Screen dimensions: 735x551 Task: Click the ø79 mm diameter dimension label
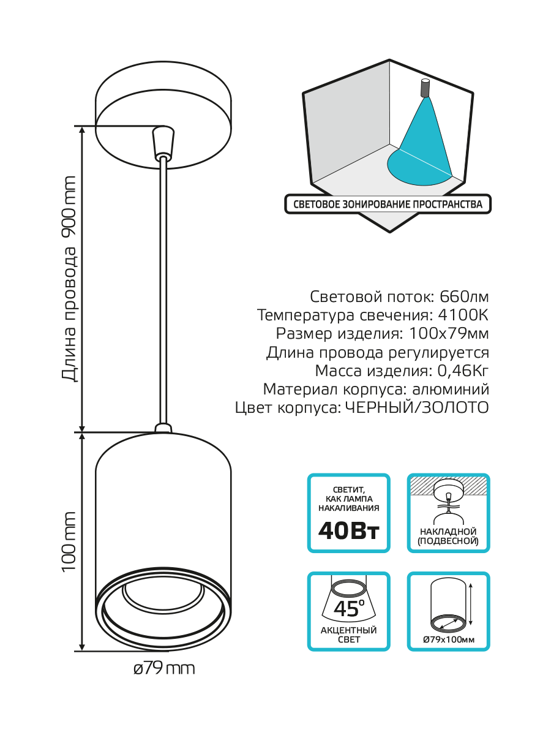tap(164, 668)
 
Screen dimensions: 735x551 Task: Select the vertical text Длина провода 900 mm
tap(70, 279)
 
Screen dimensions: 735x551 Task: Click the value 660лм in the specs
tap(465, 297)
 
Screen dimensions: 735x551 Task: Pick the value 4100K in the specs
tap(463, 315)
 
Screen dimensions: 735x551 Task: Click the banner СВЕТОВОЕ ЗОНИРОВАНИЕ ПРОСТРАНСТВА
tap(388, 205)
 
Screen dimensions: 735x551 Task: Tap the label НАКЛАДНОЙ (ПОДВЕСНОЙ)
tap(449, 537)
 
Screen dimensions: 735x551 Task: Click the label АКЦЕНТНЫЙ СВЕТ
tap(348, 635)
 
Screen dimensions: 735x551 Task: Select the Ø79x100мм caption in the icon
tap(449, 640)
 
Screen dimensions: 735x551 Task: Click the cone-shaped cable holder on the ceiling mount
tap(163, 141)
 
